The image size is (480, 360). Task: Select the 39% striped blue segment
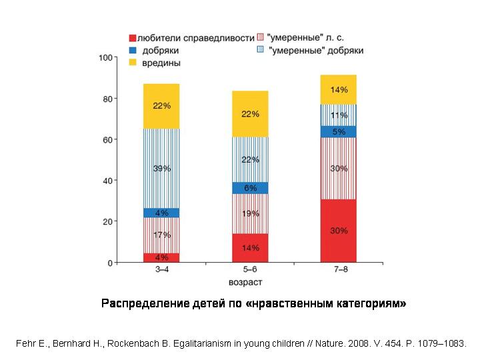click(161, 169)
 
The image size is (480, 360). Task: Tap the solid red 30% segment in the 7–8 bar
click(339, 231)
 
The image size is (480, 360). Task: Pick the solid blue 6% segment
click(250, 188)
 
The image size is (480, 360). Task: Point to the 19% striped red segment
click(250, 213)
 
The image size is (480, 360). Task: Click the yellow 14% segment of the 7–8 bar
click(339, 89)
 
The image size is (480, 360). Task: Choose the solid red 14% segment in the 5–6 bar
click(250, 247)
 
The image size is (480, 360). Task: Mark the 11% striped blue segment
click(339, 115)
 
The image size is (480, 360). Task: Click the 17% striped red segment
click(161, 235)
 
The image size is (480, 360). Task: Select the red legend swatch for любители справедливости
click(132, 39)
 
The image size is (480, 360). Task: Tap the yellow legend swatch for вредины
click(132, 62)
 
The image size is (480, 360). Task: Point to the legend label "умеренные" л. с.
click(305, 39)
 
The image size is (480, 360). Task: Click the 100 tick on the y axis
click(104, 58)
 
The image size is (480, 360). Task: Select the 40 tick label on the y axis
click(106, 181)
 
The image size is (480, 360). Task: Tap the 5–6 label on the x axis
click(250, 271)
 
